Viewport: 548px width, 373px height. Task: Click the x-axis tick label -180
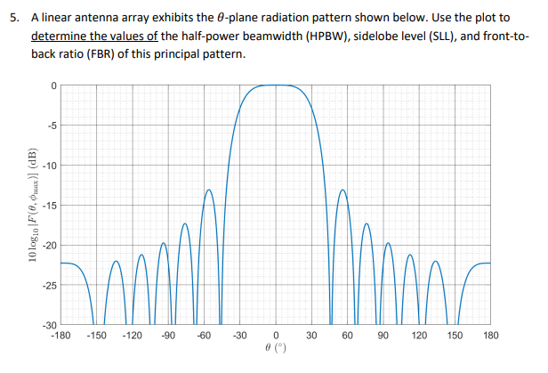[60, 336]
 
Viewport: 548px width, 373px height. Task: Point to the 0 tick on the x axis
[276, 336]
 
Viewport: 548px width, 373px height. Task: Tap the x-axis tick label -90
[168, 336]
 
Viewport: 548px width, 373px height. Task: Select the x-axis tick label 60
[348, 336]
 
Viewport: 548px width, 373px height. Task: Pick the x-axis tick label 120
[419, 336]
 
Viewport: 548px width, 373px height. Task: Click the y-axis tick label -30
[52, 326]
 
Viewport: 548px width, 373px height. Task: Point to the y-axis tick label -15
[52, 206]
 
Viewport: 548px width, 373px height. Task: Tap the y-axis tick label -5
[53, 126]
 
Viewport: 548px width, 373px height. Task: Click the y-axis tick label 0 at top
[55, 85]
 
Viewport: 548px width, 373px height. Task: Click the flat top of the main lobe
[276, 85]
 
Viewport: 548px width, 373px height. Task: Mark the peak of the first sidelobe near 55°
[342, 190]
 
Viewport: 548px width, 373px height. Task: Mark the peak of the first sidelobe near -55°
[210, 190]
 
